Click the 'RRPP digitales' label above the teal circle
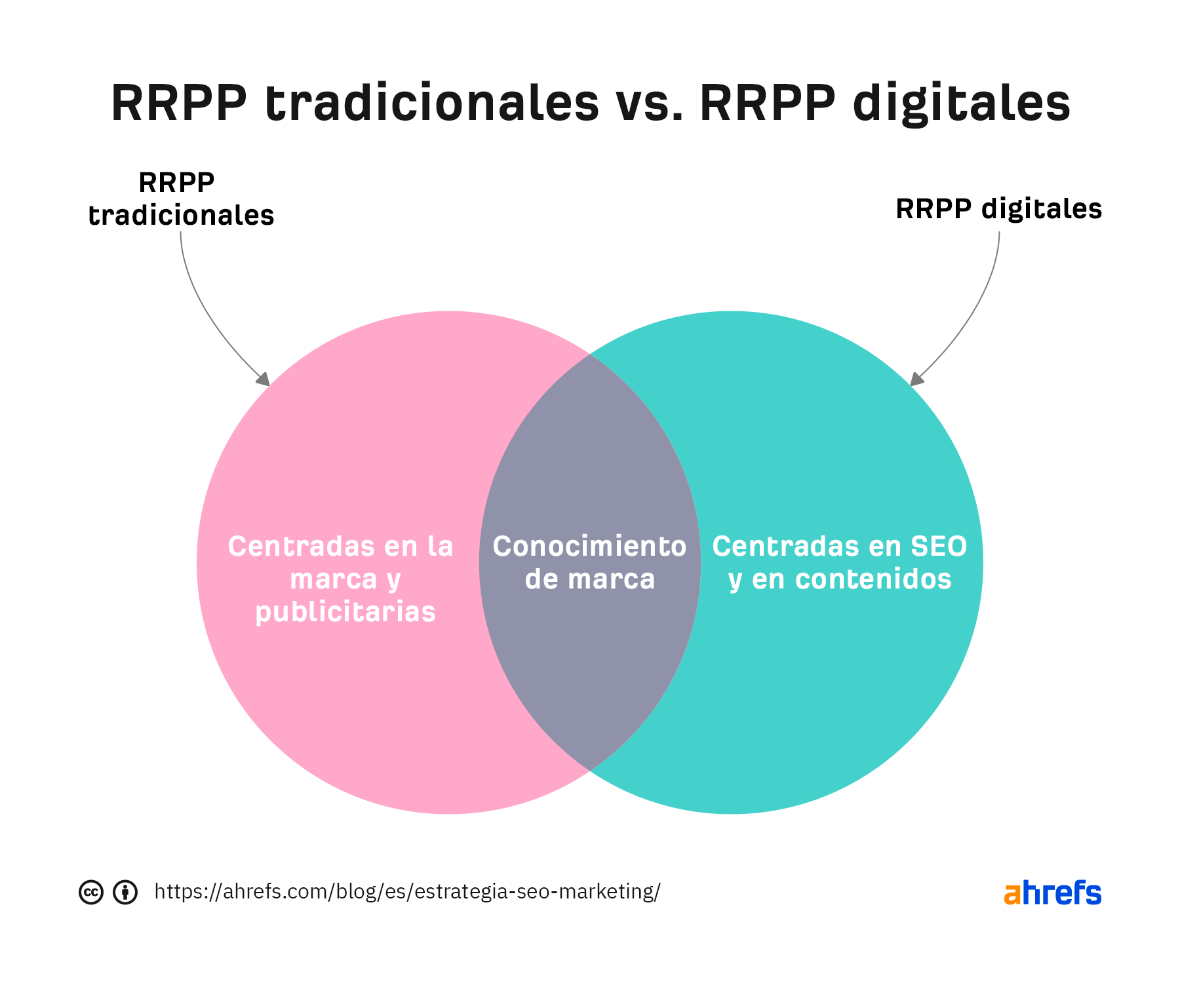click(x=998, y=209)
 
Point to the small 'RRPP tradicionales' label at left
click(x=180, y=199)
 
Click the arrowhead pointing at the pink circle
click(x=264, y=379)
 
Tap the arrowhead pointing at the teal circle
click(x=916, y=379)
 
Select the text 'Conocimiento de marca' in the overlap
click(x=589, y=562)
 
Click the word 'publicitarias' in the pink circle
click(x=345, y=611)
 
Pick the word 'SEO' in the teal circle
click(x=939, y=547)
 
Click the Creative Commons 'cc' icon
click(x=91, y=892)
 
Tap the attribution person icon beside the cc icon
click(x=125, y=892)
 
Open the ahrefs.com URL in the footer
click(x=407, y=892)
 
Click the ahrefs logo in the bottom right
click(x=1052, y=893)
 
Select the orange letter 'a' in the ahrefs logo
click(x=1012, y=895)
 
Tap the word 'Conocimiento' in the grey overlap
click(x=589, y=547)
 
